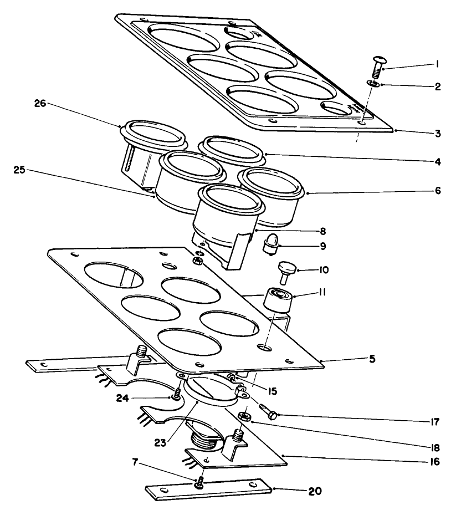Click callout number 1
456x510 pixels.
437,64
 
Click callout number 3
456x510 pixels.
437,134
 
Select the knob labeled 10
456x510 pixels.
287,271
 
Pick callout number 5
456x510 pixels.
373,359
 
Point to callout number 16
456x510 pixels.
437,461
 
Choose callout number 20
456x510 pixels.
314,491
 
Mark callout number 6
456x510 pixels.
437,191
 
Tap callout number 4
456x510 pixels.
437,162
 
